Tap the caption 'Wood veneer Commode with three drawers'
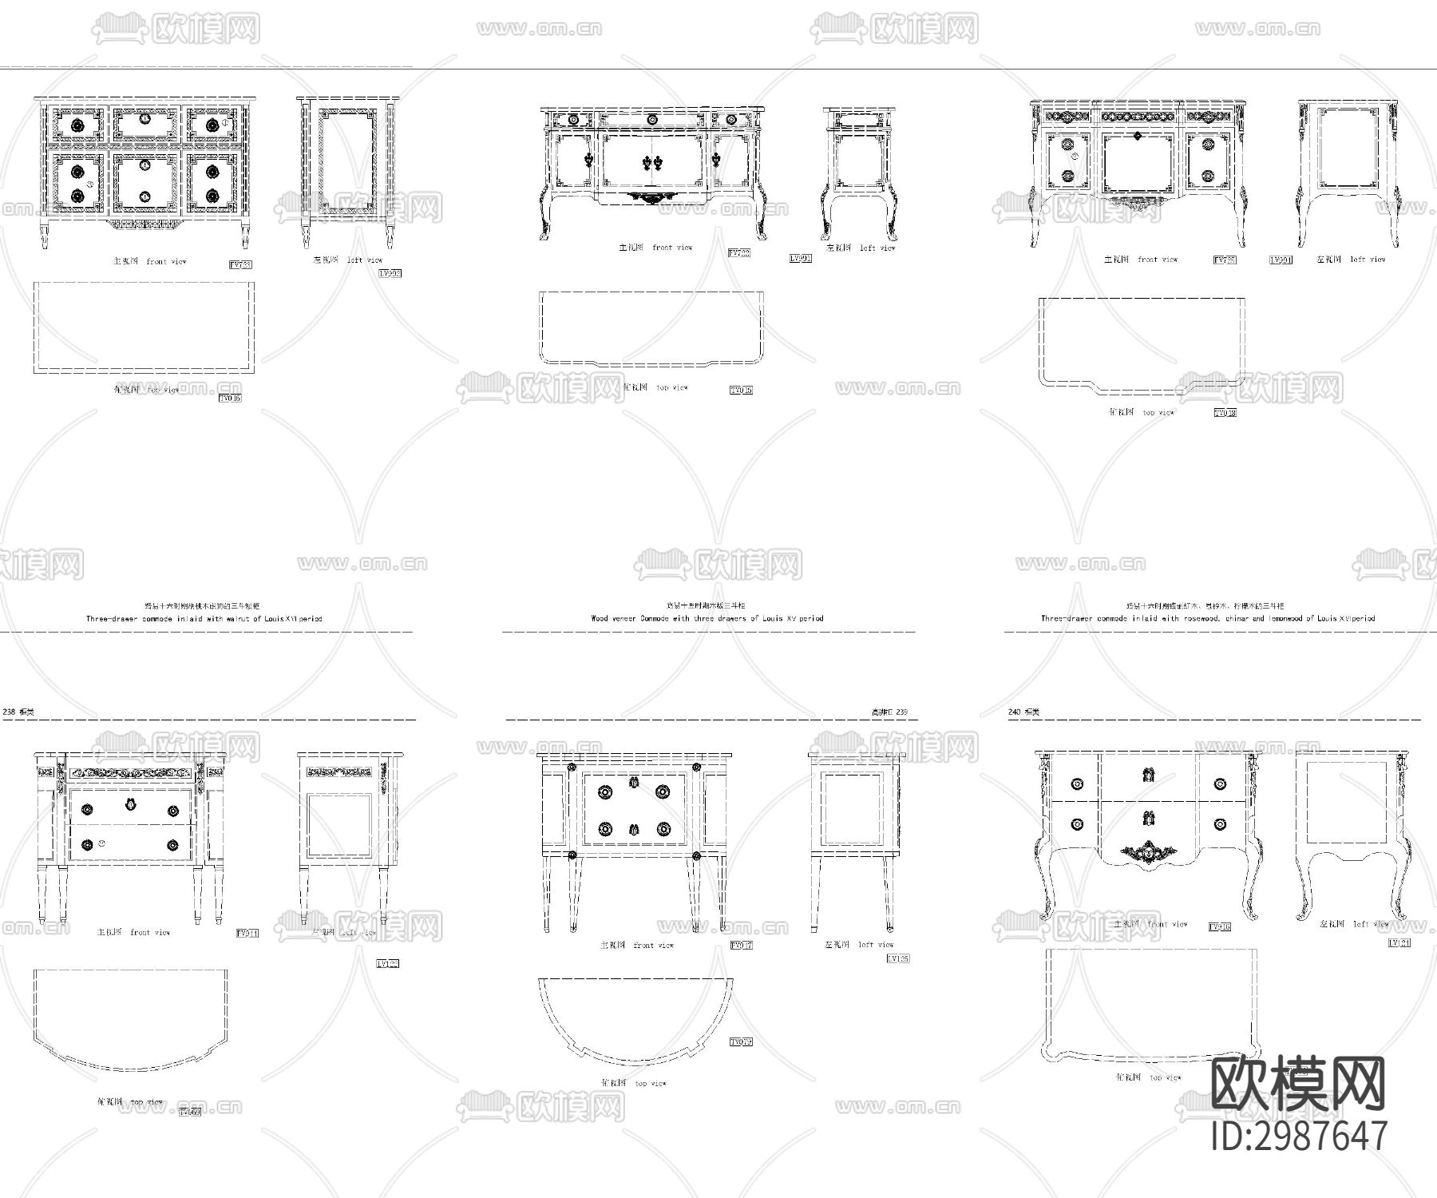click(x=707, y=618)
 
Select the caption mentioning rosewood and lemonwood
click(x=1207, y=618)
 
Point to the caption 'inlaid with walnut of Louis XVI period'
click(x=204, y=619)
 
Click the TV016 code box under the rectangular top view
click(x=230, y=398)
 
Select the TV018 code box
click(x=1225, y=413)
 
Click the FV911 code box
click(x=247, y=933)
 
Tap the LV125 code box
click(x=897, y=958)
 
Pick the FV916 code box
click(x=1219, y=927)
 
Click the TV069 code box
click(x=190, y=1112)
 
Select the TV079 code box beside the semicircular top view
click(x=741, y=1042)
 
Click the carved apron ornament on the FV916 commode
click(x=1148, y=854)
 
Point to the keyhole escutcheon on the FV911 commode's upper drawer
click(x=130, y=804)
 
